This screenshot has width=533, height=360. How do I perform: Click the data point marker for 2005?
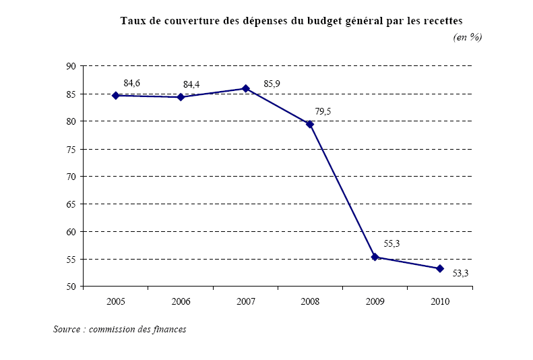(x=115, y=96)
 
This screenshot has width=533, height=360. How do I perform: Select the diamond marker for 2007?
(x=245, y=88)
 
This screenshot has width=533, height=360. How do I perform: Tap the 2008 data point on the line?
(x=310, y=124)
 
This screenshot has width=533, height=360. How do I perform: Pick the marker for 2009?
(x=375, y=257)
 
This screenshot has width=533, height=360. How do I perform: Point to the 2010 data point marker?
(x=439, y=268)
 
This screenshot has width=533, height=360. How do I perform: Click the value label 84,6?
(x=132, y=83)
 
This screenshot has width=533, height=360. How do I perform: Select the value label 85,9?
(x=272, y=84)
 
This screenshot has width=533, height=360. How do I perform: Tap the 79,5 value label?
(x=323, y=111)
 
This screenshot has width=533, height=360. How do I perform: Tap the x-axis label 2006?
(x=181, y=302)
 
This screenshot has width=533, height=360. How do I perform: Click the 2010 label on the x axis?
(x=440, y=302)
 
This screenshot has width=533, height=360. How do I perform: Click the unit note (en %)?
(x=468, y=38)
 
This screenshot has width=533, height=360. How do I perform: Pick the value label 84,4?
(x=192, y=85)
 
